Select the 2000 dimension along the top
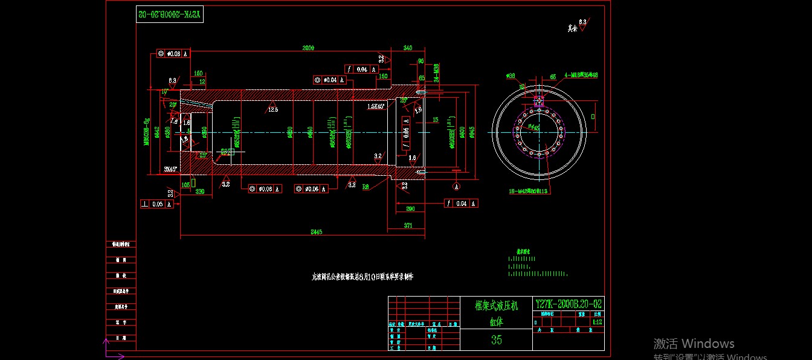click(x=308, y=48)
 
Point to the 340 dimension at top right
click(x=408, y=48)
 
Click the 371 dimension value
click(x=408, y=225)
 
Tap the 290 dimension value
click(x=410, y=208)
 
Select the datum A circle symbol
click(x=456, y=185)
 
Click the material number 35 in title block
click(x=496, y=339)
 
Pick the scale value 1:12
click(x=597, y=323)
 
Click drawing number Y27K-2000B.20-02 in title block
click(x=569, y=303)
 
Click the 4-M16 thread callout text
click(x=581, y=76)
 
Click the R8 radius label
click(x=366, y=187)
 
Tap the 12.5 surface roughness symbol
click(x=273, y=109)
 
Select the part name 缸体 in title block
click(x=496, y=321)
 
